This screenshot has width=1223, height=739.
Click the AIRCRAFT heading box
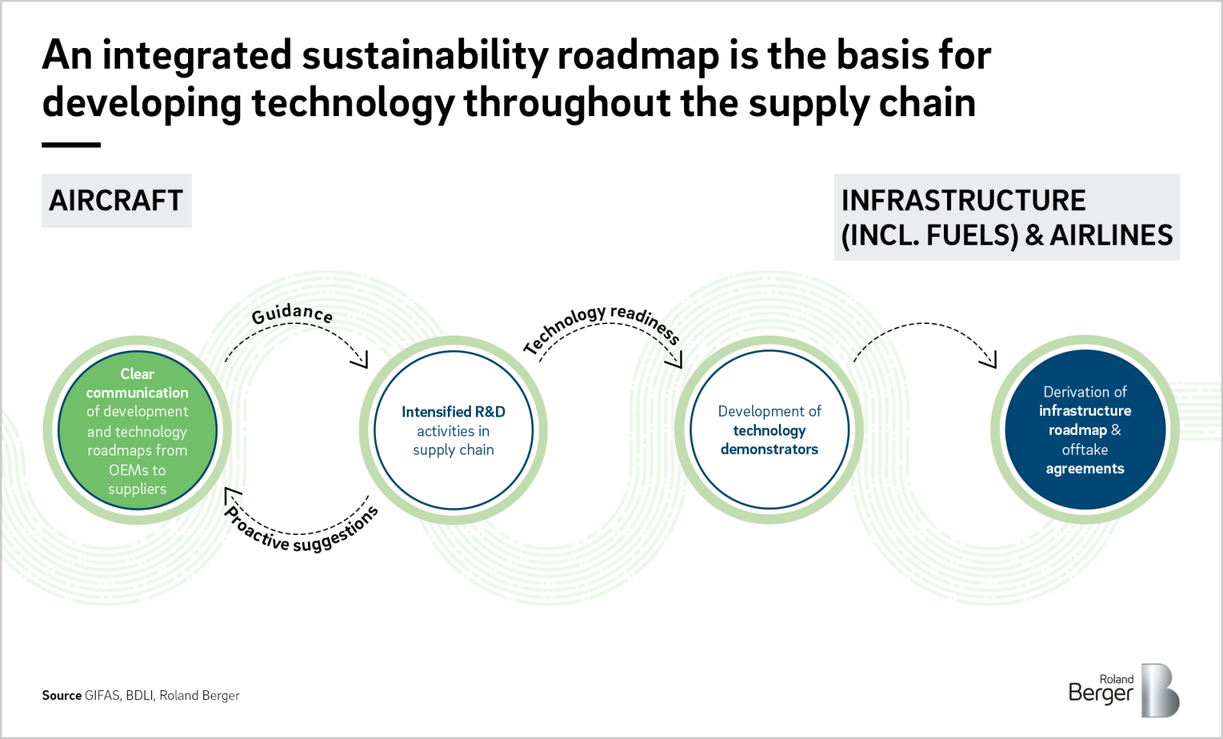pyautogui.click(x=116, y=201)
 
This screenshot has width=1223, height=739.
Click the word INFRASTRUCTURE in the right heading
pyautogui.click(x=963, y=201)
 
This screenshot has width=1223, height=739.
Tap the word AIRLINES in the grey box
pyautogui.click(x=1111, y=235)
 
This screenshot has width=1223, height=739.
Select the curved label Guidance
pyautogui.click(x=292, y=313)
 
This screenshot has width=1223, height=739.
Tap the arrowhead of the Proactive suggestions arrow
pyautogui.click(x=231, y=495)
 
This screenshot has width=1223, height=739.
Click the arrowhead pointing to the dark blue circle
pyautogui.click(x=991, y=360)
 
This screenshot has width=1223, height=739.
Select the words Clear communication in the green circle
pyautogui.click(x=137, y=383)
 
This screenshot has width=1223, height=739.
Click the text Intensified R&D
pyautogui.click(x=453, y=412)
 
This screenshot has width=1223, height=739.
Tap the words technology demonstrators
pyautogui.click(x=769, y=440)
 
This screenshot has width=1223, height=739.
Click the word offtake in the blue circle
pyautogui.click(x=1085, y=449)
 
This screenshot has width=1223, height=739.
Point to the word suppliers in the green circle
pyautogui.click(x=137, y=489)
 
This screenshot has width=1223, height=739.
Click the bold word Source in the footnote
pyautogui.click(x=61, y=695)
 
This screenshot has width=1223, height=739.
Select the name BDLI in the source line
pyautogui.click(x=139, y=695)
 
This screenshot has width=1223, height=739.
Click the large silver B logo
pyautogui.click(x=1160, y=691)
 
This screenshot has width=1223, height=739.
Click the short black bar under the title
pyautogui.click(x=71, y=144)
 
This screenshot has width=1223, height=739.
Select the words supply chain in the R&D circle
pyautogui.click(x=453, y=450)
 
